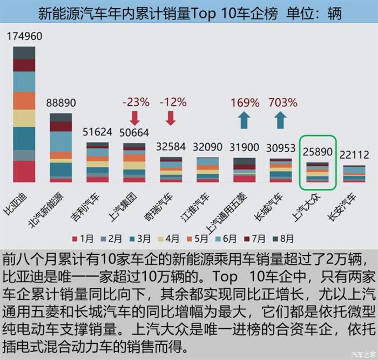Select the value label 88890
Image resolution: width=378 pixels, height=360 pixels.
[x=60, y=103]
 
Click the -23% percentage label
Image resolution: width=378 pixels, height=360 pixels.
[x=135, y=101]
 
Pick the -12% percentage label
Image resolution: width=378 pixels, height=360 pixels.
[x=171, y=101]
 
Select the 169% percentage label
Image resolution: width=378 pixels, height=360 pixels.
[x=245, y=101]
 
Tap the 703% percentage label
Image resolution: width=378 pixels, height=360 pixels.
[x=281, y=101]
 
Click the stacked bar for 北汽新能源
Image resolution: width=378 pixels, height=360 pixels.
[x=60, y=147]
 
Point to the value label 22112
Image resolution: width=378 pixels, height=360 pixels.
[x=354, y=155]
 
